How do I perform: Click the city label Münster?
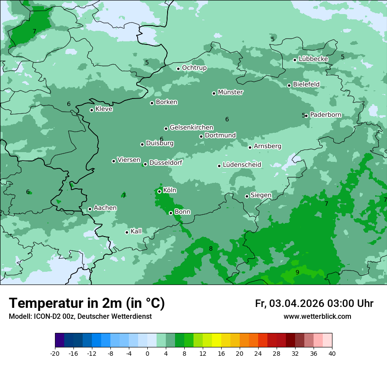tap(230, 92)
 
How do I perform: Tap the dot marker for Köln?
tap(159, 191)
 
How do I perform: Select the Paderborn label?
tap(325, 115)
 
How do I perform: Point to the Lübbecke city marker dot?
tap(295, 60)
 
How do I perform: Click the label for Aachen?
tap(105, 208)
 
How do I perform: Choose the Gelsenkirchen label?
tap(191, 128)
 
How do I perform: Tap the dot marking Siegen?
tap(247, 196)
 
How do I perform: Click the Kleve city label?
tap(104, 109)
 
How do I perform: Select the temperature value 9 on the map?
tap(297, 273)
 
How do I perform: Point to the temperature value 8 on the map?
tap(211, 249)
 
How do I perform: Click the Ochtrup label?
tap(194, 68)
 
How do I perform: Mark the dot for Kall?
tap(127, 232)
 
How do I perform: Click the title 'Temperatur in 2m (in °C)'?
tap(87, 303)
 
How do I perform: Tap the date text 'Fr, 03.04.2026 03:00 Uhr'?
tap(314, 303)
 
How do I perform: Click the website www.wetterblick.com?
tap(317, 317)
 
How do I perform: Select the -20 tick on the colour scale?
tap(55, 353)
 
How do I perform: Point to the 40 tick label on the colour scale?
tap(332, 353)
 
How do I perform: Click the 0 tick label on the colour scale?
tap(147, 353)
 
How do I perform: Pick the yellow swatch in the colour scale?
tap(216, 340)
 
